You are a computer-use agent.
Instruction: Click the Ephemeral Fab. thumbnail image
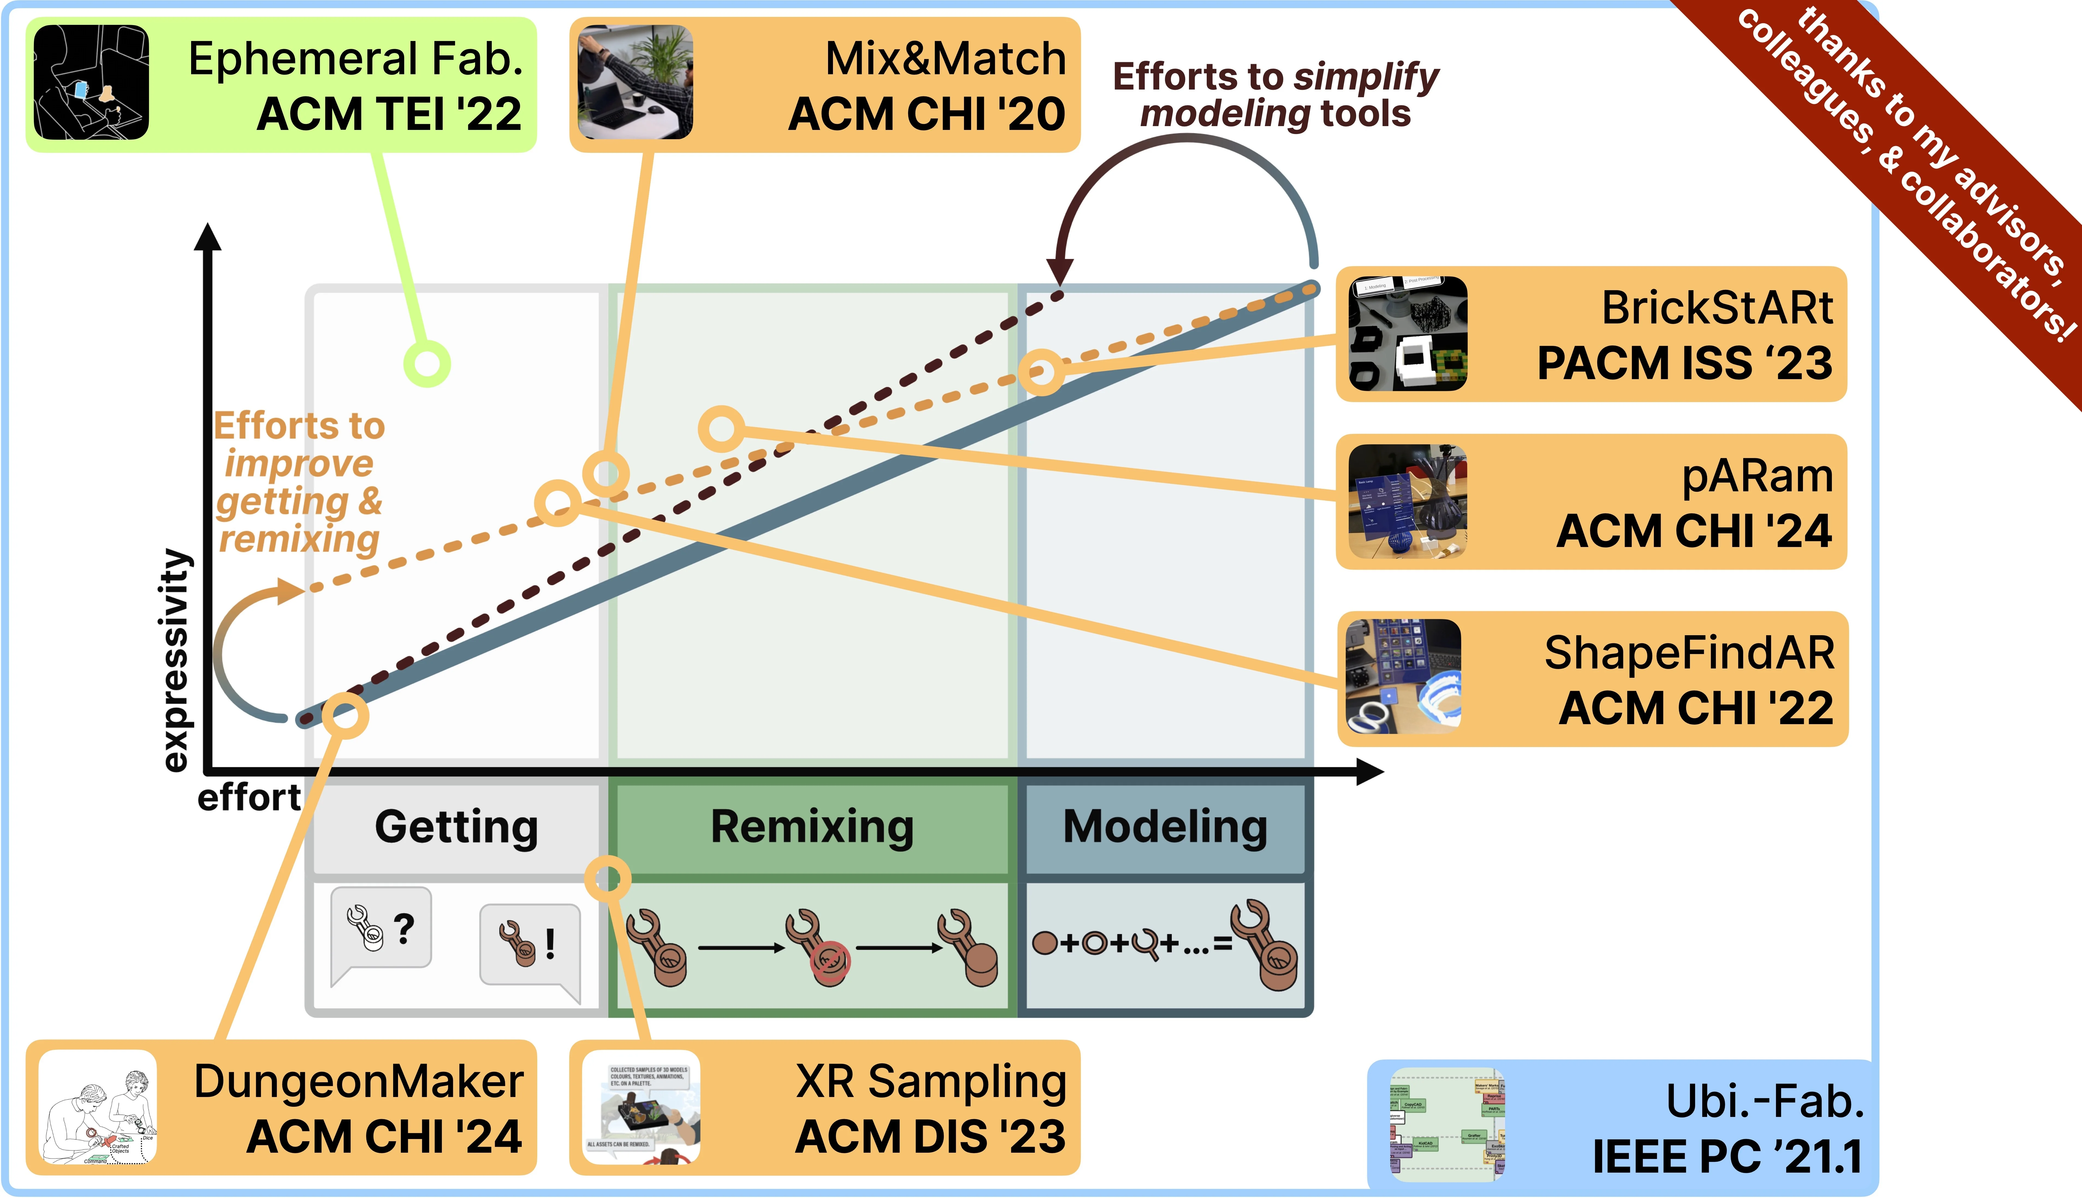point(91,82)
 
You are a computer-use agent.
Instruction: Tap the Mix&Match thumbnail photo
point(634,82)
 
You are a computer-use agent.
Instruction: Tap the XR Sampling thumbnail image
point(641,1107)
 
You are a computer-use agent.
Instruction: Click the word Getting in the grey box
point(457,827)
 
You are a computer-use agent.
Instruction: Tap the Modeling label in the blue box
point(1165,827)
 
